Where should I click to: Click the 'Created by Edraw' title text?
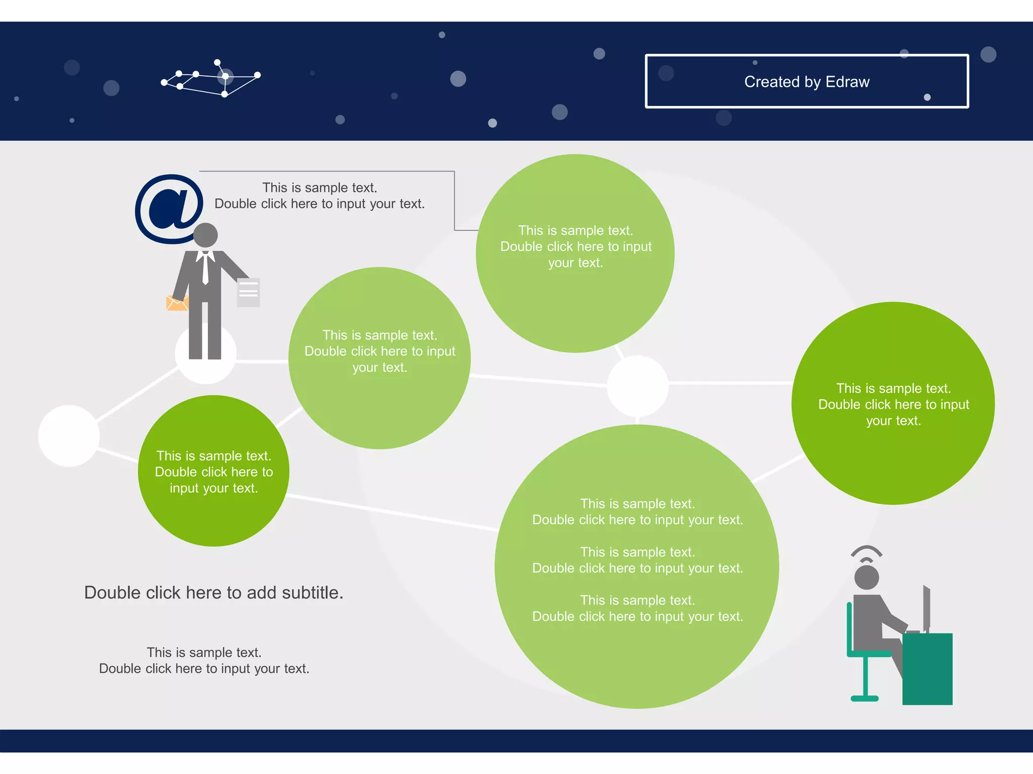[807, 82]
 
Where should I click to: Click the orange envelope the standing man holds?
[176, 303]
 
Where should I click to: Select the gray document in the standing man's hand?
[248, 292]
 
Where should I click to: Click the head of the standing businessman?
[206, 235]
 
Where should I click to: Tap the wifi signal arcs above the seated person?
[867, 554]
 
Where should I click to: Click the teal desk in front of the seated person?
[927, 669]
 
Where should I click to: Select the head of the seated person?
[867, 577]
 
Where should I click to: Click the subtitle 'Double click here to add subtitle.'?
[214, 593]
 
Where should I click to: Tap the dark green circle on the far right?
[893, 403]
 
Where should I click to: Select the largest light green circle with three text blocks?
[637, 567]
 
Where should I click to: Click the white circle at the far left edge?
[69, 436]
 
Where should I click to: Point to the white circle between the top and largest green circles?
[638, 386]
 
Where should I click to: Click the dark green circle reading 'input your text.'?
[213, 471]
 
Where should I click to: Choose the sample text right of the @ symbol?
[320, 196]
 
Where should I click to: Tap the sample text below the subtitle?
[204, 661]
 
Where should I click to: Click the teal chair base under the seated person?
[865, 698]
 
